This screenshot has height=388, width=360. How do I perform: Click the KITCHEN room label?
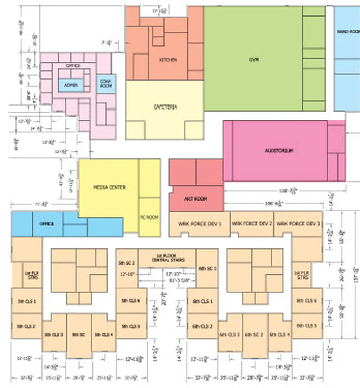point(168,60)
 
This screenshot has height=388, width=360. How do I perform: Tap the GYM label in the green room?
point(253,60)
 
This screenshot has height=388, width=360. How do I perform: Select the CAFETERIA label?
point(165,107)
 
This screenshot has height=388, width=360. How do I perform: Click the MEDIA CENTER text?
point(109,187)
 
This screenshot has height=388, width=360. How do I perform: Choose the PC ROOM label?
point(149,217)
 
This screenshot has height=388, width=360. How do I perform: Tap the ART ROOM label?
point(196,199)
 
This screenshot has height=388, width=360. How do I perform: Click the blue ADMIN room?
point(71,85)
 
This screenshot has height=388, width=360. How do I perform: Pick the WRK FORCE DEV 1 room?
point(199,224)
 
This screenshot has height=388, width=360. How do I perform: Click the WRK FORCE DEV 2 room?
point(252,224)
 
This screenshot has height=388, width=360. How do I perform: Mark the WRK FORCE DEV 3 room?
point(298,224)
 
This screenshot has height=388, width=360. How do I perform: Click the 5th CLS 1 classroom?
point(27,301)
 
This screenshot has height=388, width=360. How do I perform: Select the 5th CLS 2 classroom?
point(27,326)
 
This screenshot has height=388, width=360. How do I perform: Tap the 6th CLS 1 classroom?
point(202,301)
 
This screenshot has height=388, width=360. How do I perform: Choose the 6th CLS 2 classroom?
point(202,326)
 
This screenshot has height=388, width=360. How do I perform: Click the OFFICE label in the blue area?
point(47,224)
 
